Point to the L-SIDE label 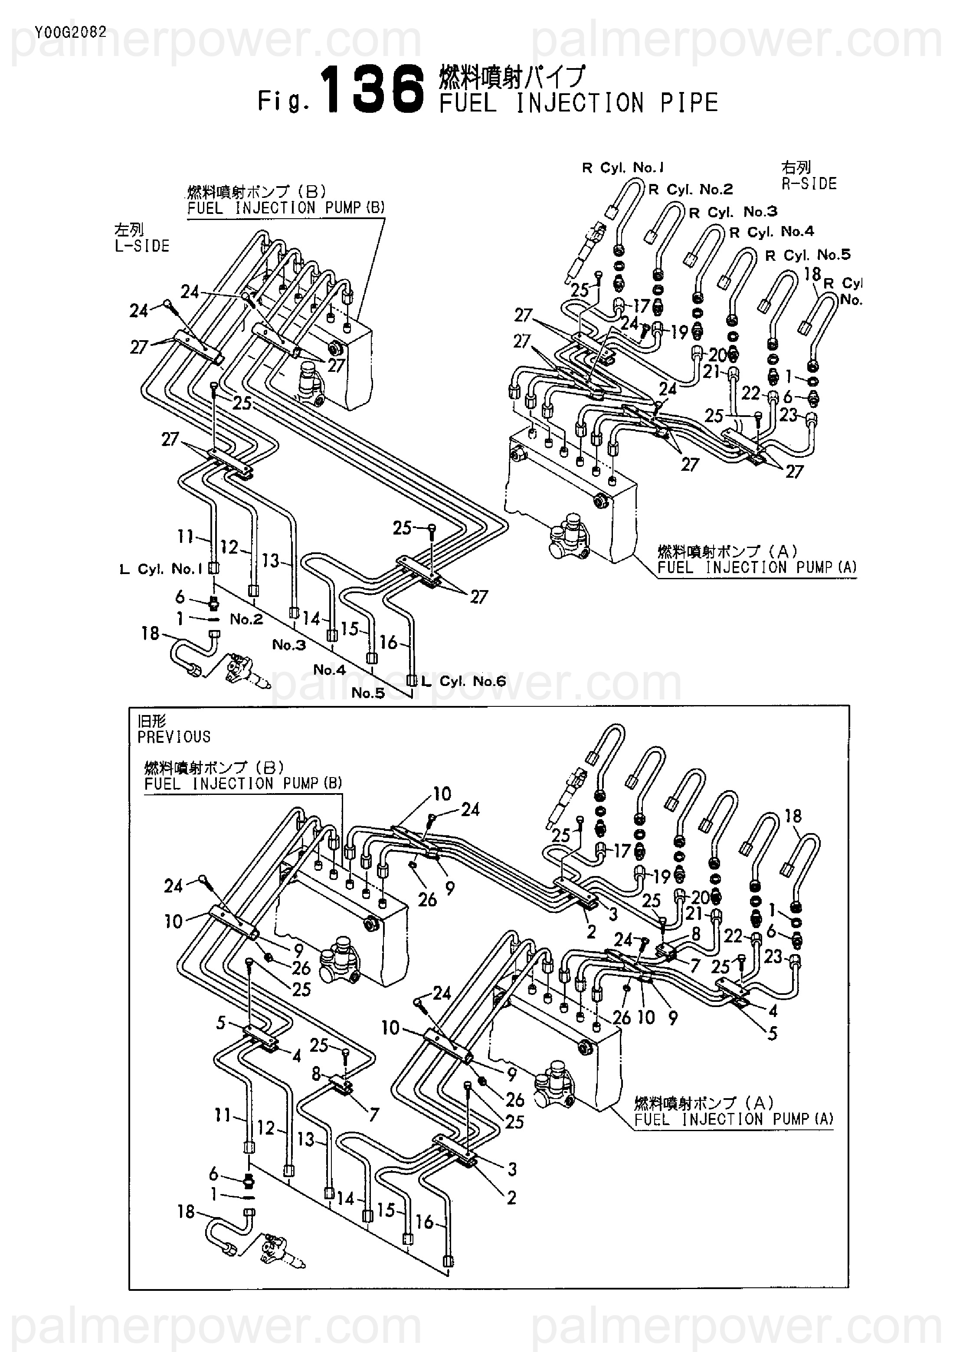coord(142,246)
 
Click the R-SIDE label coord(809,184)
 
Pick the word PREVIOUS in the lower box coord(174,737)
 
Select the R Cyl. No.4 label coord(771,232)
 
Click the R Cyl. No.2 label coord(691,190)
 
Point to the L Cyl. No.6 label coord(464,681)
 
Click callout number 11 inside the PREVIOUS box coord(223,1115)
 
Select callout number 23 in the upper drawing coord(789,416)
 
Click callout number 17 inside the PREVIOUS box coord(622,851)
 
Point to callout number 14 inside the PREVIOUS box coord(346,1198)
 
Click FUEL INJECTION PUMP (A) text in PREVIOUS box coord(734,1119)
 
